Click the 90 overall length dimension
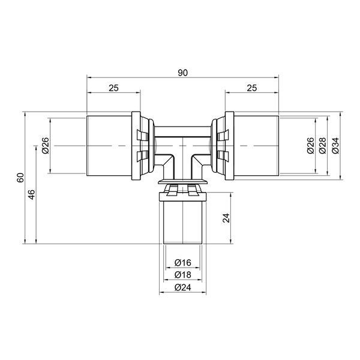(x=183, y=73)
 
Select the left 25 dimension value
(x=113, y=88)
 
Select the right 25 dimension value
(x=252, y=88)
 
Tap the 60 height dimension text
(x=20, y=178)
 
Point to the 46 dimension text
(x=31, y=194)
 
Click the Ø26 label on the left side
(x=46, y=146)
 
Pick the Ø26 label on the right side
(x=310, y=146)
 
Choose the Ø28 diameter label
(x=323, y=146)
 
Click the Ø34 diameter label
(x=335, y=146)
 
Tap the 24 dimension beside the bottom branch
(x=226, y=218)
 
